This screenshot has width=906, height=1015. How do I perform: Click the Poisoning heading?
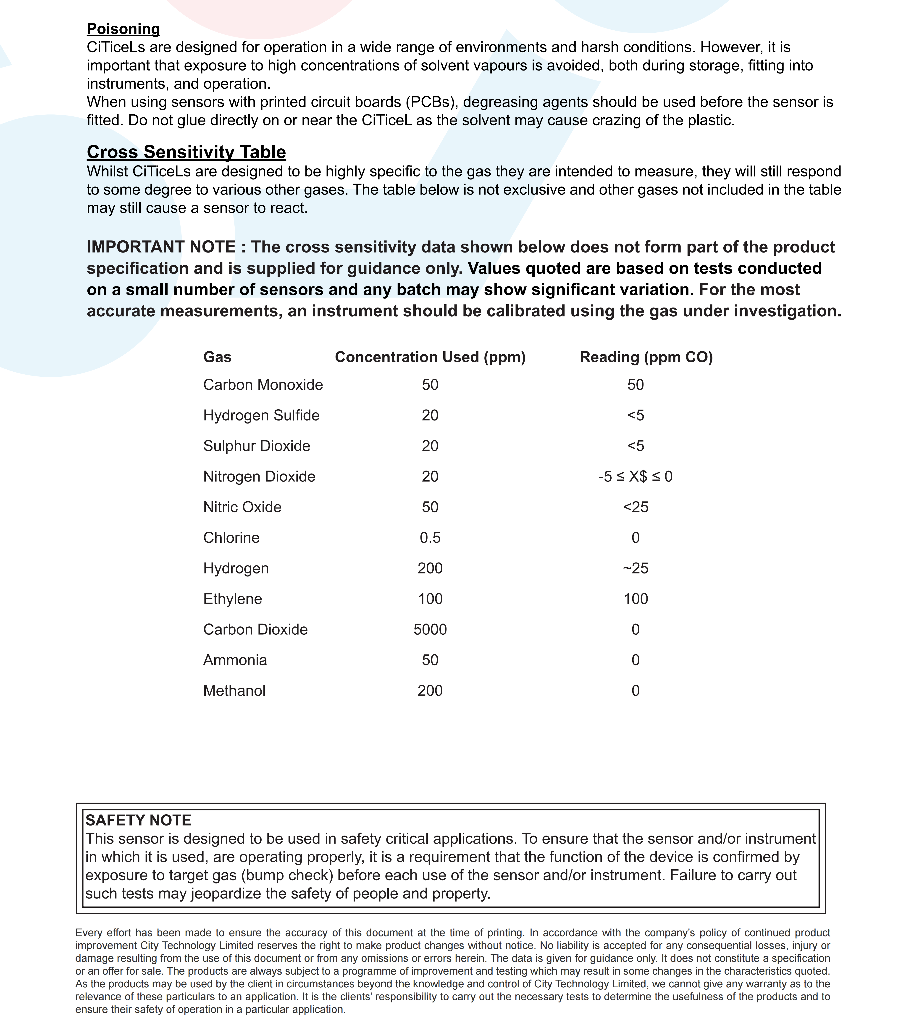[x=123, y=29]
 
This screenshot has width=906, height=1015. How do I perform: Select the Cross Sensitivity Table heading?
[x=186, y=152]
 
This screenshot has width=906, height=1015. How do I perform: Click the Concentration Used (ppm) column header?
[x=430, y=357]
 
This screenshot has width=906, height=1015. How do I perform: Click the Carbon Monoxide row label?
[x=263, y=385]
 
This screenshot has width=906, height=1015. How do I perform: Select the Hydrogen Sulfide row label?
[x=261, y=415]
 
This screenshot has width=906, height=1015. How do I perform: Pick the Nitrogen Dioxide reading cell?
[x=635, y=476]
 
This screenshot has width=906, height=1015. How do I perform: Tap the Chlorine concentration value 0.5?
[x=430, y=538]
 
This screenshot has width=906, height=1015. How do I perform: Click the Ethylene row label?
[x=232, y=599]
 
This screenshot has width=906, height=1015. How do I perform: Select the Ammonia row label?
[x=235, y=660]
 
